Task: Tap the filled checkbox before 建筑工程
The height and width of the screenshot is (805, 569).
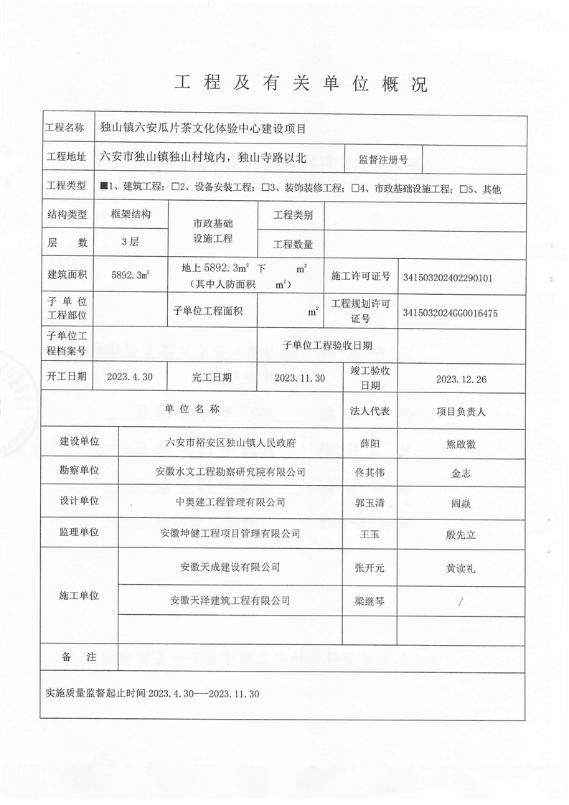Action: (x=105, y=188)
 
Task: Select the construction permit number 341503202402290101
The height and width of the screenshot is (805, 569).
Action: (x=448, y=277)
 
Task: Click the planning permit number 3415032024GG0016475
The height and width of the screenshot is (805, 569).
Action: (x=451, y=313)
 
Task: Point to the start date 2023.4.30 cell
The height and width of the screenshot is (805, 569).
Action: (x=129, y=377)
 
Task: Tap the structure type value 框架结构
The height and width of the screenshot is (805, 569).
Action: (x=131, y=215)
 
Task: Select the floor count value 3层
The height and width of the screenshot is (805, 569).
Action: (x=131, y=242)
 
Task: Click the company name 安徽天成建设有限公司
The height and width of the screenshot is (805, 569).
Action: (x=230, y=567)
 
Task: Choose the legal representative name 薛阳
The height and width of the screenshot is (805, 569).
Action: (x=370, y=443)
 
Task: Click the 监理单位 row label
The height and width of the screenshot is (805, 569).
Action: (x=79, y=532)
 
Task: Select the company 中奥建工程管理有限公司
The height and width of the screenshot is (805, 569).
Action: (x=230, y=502)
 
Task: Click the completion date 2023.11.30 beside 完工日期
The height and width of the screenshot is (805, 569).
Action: (x=300, y=377)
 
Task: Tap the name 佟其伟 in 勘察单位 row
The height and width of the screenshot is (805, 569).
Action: (x=370, y=472)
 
